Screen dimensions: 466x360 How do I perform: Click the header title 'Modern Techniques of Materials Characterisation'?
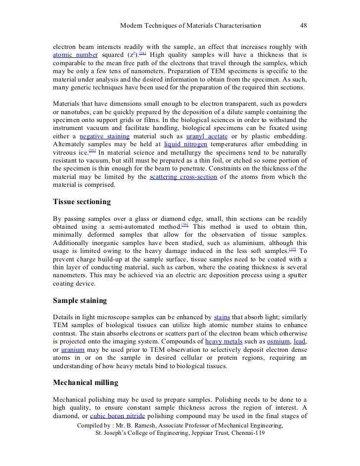point(191,25)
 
